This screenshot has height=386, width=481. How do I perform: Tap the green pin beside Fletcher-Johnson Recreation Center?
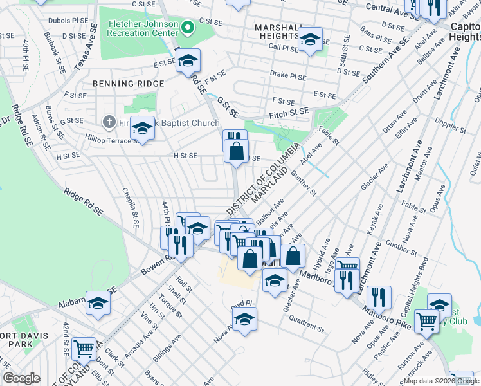point(188,28)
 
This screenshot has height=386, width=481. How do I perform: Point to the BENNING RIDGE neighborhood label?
point(129,84)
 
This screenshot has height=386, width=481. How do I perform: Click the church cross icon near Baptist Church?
point(109,122)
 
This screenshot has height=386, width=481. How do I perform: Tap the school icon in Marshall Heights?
point(310,41)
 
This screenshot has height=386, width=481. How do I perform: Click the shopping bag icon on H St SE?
point(237,152)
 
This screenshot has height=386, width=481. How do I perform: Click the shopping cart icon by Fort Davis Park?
point(84,349)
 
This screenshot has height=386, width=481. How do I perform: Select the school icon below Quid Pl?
point(244,319)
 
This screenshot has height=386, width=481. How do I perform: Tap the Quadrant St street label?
point(306,323)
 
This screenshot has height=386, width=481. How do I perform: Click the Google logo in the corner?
point(21,379)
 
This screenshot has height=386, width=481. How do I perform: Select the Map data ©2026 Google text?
point(441,381)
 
